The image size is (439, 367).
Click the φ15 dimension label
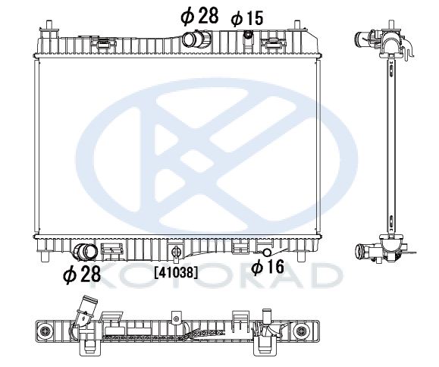[247, 18]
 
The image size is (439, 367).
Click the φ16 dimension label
[268, 266]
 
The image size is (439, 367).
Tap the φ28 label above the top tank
[199, 16]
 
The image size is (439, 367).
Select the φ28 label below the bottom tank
[82, 274]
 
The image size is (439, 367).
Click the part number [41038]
[176, 272]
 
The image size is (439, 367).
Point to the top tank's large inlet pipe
[196, 39]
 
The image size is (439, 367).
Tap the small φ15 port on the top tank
[248, 35]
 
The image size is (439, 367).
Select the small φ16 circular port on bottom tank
[267, 253]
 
